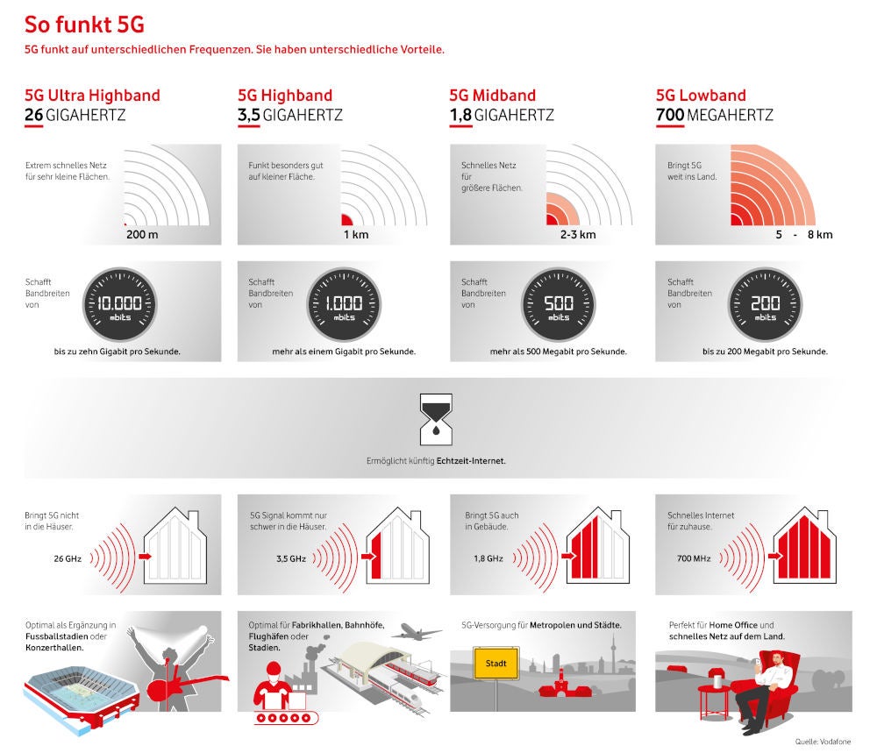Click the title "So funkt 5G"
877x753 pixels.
pyautogui.click(x=84, y=25)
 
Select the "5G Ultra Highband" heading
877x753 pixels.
pyautogui.click(x=92, y=95)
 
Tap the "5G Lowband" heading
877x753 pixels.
pyautogui.click(x=701, y=95)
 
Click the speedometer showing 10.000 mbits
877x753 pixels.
pyautogui.click(x=119, y=304)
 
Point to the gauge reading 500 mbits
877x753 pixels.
pyautogui.click(x=558, y=304)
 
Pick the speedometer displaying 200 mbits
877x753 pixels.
pyautogui.click(x=765, y=304)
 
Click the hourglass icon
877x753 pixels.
pyautogui.click(x=436, y=419)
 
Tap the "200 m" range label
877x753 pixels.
pyautogui.click(x=142, y=234)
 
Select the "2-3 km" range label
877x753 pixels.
pyautogui.click(x=578, y=234)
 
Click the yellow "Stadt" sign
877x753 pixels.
pyautogui.click(x=496, y=663)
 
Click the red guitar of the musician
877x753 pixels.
pyautogui.click(x=184, y=686)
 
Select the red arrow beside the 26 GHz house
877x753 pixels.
pyautogui.click(x=145, y=557)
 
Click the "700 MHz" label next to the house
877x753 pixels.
pyautogui.click(x=694, y=558)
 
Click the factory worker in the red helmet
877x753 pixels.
pyautogui.click(x=273, y=686)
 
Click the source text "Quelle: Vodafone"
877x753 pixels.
pyautogui.click(x=823, y=742)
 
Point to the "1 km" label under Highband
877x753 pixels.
pyautogui.click(x=356, y=234)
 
